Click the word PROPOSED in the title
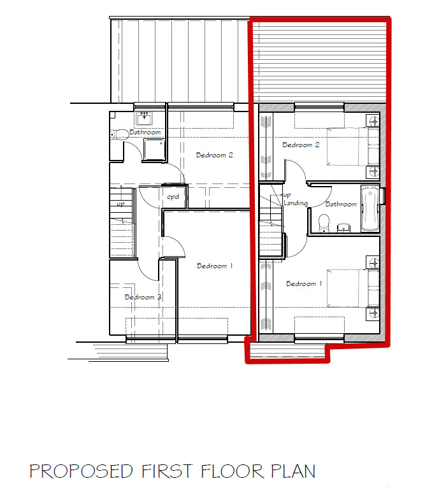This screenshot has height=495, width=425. pos(81,471)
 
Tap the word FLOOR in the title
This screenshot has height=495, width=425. pos(232,471)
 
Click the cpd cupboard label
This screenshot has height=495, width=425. pos(173,197)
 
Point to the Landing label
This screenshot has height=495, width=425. pos(296,203)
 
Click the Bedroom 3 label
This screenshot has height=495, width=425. pos(143,297)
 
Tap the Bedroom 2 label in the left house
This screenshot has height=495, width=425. pos(214,155)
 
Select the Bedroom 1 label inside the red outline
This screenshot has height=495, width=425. pos(304,283)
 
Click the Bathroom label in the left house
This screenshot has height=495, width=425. pos(145,133)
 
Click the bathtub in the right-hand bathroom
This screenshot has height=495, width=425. pos(370,208)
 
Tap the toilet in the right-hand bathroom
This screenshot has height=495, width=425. pos(324,224)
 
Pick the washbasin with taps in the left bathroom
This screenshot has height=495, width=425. pos(144,118)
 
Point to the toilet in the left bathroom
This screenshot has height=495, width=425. pos(118,134)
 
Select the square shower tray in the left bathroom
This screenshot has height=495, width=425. pos(154,150)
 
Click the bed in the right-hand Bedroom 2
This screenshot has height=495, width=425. pos(353,147)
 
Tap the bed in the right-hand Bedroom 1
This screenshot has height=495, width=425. pos(353,288)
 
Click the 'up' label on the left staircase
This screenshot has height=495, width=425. pos(120,204)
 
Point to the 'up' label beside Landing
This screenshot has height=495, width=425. pos(287,195)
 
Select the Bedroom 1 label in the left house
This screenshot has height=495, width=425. pos(215,266)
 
